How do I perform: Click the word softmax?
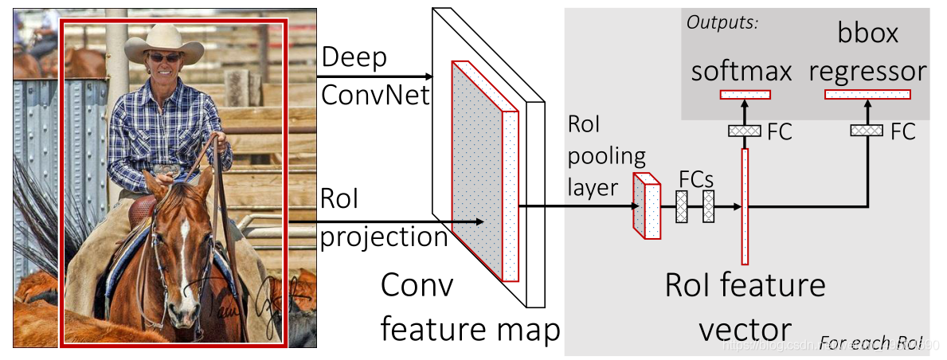(x=741, y=72)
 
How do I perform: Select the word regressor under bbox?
(x=867, y=72)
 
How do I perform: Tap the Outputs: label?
(x=722, y=22)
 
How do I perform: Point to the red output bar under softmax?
(x=745, y=95)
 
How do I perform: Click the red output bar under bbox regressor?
(x=867, y=95)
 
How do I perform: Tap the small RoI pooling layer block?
(x=647, y=205)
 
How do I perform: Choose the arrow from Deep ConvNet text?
(x=374, y=77)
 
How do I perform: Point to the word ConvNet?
(x=375, y=96)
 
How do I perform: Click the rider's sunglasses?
(x=165, y=57)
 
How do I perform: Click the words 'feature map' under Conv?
(x=470, y=328)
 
